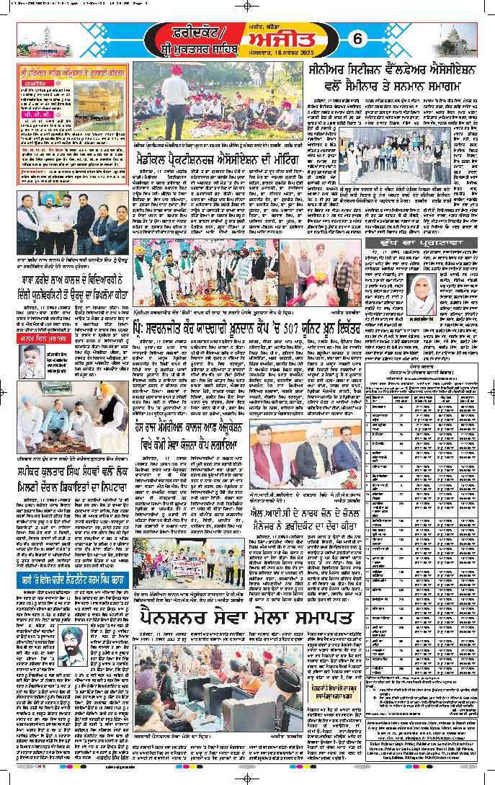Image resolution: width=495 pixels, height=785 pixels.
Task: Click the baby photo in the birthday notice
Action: tap(35, 359)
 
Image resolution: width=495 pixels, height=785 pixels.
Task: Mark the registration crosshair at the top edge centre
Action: tap(247, 5)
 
